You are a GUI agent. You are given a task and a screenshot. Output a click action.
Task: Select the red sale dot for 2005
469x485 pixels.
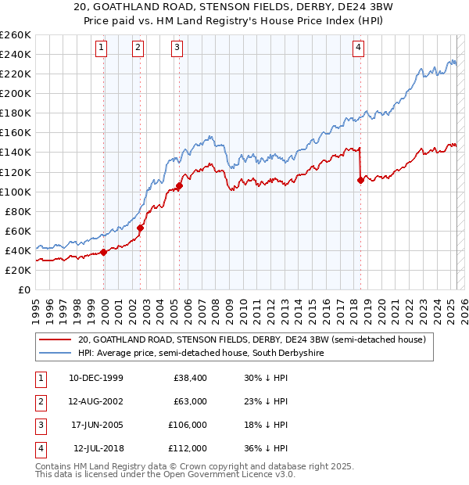179,186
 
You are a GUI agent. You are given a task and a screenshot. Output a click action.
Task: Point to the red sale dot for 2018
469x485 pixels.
360,180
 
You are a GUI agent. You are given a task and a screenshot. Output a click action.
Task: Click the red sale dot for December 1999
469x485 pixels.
103,252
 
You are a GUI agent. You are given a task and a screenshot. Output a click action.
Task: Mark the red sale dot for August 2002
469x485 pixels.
141,228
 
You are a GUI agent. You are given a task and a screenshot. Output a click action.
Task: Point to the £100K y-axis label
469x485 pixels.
15,192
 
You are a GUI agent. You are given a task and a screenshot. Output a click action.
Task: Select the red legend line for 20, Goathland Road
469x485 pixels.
54,340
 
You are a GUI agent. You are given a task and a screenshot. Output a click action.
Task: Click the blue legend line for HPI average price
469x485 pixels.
54,354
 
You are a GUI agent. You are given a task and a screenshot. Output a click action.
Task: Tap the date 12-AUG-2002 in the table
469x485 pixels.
96,401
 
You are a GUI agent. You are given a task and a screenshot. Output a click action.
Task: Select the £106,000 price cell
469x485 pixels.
187,425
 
